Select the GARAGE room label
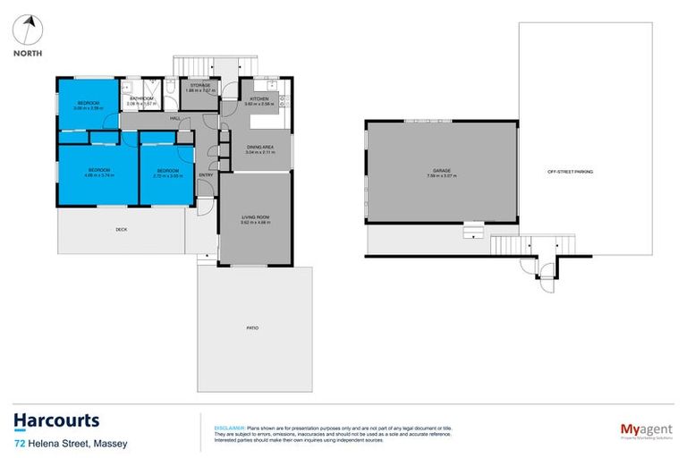pos(441,170)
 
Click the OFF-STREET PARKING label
pos(571,171)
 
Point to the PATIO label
pos(253,328)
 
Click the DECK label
pos(122,230)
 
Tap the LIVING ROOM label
pos(255,216)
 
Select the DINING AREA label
pos(259,146)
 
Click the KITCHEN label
pos(259,98)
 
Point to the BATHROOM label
pos(142,98)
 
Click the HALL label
pos(175,118)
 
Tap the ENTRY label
pos(207,199)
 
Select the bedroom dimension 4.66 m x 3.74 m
pos(98,175)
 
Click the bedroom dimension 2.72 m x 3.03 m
pos(168,175)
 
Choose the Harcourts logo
pos(56,420)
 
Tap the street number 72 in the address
pos(19,443)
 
